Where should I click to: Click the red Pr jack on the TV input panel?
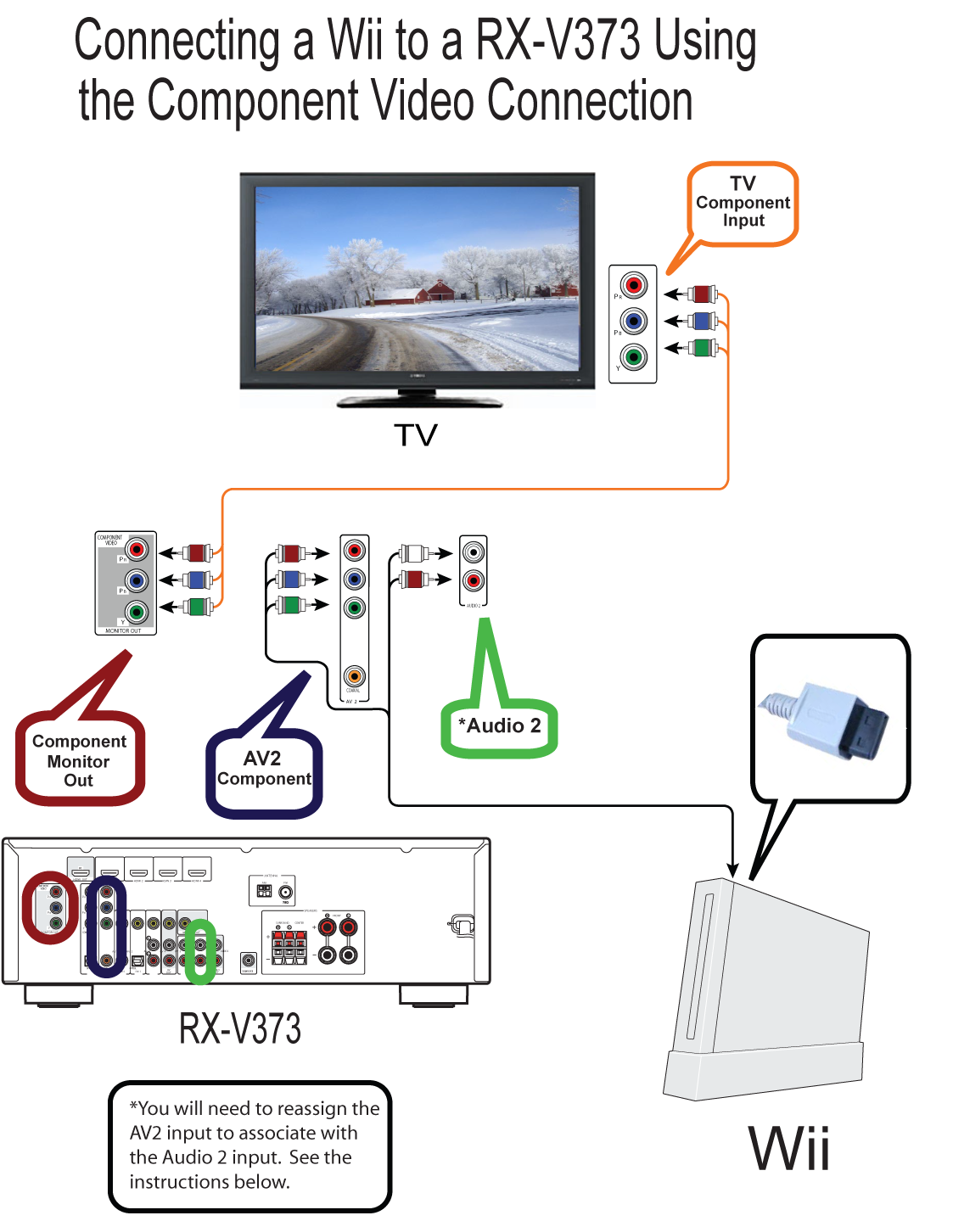(x=633, y=285)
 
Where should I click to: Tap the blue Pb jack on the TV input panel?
(x=633, y=322)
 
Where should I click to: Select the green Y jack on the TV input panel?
(x=633, y=357)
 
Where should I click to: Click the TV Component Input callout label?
(x=743, y=203)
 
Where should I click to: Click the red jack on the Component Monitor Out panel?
(x=137, y=550)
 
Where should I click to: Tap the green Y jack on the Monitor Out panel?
(x=137, y=611)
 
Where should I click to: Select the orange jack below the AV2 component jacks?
(x=354, y=675)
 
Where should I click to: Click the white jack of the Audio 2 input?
(x=474, y=552)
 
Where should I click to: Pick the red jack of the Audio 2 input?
(x=474, y=580)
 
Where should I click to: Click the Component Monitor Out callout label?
(x=79, y=760)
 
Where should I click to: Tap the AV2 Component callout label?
(x=264, y=769)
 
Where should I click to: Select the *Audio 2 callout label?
(x=499, y=726)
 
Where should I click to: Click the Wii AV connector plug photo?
(x=830, y=720)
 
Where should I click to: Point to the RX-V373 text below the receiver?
(x=240, y=1028)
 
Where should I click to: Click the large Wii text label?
(x=788, y=1149)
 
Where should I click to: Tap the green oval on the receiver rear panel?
(x=200, y=951)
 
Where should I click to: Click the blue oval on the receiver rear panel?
(x=106, y=927)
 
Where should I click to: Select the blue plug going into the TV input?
(x=701, y=322)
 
